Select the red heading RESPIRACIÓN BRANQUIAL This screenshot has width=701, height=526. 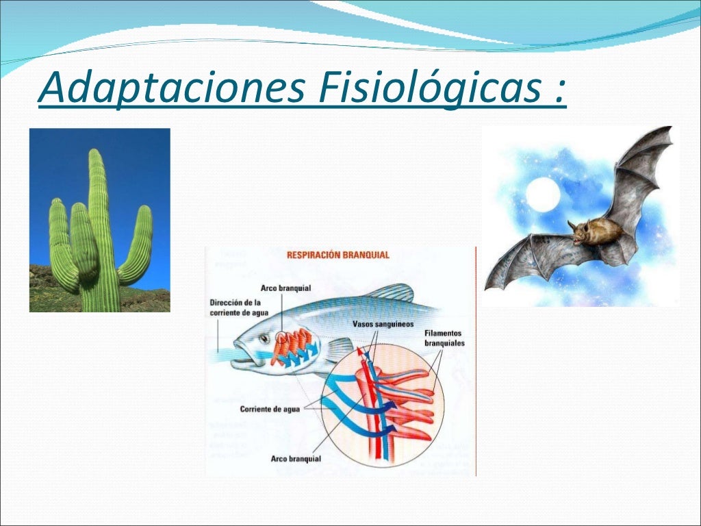pyautogui.click(x=337, y=255)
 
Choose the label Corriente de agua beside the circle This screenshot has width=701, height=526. pyautogui.click(x=266, y=409)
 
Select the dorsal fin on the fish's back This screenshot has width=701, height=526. pyautogui.click(x=387, y=293)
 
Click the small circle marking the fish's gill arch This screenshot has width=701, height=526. pyautogui.click(x=282, y=338)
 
